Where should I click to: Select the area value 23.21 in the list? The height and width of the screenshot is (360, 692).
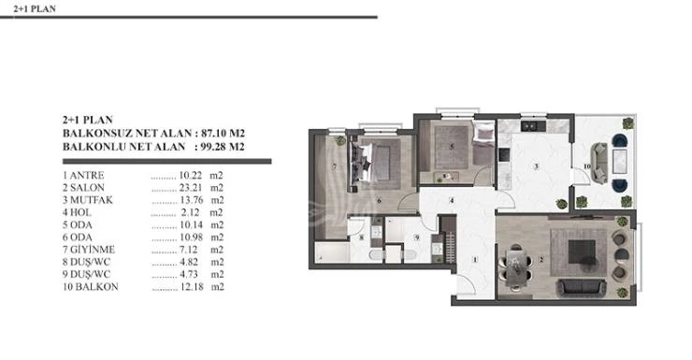tap(191, 188)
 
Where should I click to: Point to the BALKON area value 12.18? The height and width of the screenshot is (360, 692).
tap(192, 287)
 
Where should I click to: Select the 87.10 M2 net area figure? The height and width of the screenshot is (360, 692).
tap(223, 133)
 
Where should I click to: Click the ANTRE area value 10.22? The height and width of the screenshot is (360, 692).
tap(190, 176)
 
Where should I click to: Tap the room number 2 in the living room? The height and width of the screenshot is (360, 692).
tap(541, 260)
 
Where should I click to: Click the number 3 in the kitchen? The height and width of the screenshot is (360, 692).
tap(536, 166)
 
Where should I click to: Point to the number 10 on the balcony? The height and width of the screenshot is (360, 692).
tap(586, 166)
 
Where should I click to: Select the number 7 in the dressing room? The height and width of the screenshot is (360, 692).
tap(334, 167)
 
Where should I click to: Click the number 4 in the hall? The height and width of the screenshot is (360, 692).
tap(452, 201)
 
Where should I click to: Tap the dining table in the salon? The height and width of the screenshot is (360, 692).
tap(515, 266)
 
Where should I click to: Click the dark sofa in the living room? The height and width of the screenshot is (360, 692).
tap(582, 288)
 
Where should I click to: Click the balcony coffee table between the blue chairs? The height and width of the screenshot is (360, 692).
tap(619, 161)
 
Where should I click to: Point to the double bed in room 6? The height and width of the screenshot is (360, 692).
tap(374, 162)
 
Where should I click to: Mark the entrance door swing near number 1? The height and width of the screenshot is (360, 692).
tap(466, 284)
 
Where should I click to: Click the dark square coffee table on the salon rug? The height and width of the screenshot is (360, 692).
tap(582, 252)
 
